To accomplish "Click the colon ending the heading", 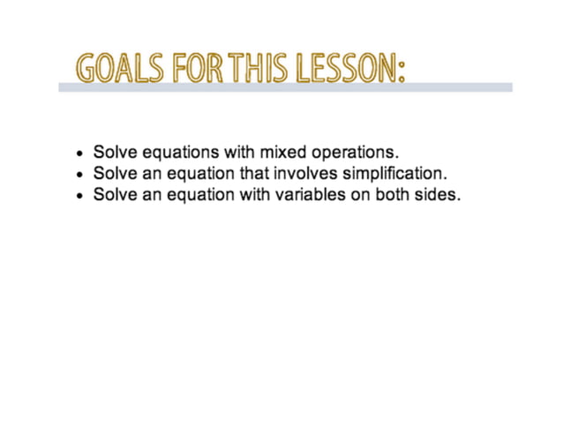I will (x=402, y=71).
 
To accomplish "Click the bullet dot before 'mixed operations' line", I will (x=80, y=154).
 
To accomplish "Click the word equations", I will (x=182, y=153).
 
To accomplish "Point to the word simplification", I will (x=395, y=174).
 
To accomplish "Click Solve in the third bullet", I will (x=115, y=195).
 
